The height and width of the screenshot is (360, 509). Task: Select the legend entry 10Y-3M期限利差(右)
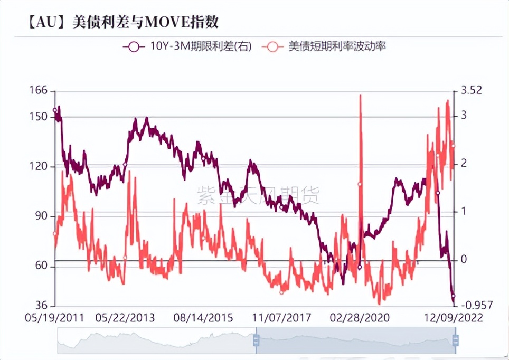pyautogui.click(x=187, y=47)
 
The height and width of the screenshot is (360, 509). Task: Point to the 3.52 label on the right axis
pyautogui.click(x=472, y=90)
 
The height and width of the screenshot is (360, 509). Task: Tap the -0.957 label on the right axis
pyautogui.click(x=477, y=305)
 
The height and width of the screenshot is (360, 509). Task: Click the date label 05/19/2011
pyautogui.click(x=54, y=318)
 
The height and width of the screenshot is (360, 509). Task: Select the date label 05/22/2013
pyautogui.click(x=125, y=318)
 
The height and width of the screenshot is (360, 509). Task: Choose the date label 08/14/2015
pyautogui.click(x=203, y=318)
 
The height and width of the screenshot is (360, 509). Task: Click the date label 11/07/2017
pyautogui.click(x=281, y=318)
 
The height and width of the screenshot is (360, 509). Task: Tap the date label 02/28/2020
pyautogui.click(x=360, y=318)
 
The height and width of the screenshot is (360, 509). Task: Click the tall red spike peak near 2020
pyautogui.click(x=361, y=96)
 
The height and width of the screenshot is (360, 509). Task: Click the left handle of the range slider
pyautogui.click(x=256, y=340)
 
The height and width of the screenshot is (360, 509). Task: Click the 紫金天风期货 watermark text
pyautogui.click(x=258, y=195)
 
